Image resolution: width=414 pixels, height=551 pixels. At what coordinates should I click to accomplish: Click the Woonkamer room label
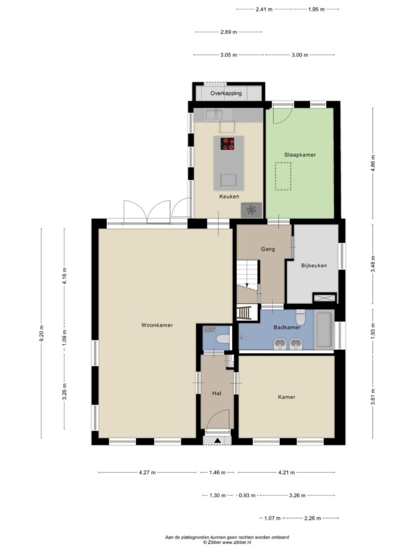point(157,325)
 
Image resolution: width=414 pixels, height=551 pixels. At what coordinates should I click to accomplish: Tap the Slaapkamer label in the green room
point(300,154)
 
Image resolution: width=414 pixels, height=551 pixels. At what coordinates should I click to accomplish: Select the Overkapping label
point(226,94)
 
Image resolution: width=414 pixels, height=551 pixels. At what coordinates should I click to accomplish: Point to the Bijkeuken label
point(314,266)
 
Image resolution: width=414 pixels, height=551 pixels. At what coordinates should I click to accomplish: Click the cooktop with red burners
point(227,144)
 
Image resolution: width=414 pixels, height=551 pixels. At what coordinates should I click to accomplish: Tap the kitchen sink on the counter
point(215,114)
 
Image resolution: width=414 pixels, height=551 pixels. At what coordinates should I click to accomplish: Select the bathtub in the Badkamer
point(324,330)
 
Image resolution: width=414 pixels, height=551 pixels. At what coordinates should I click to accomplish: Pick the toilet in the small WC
point(223,340)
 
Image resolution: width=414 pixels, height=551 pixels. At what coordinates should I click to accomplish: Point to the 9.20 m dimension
point(42,334)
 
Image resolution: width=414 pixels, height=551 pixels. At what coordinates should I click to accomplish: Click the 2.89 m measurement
point(229,32)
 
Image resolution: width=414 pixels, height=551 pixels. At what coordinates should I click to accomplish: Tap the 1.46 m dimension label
point(217,472)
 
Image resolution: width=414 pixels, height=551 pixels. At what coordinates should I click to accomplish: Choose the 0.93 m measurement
point(247,496)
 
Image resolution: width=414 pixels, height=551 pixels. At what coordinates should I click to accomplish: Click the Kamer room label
point(287,397)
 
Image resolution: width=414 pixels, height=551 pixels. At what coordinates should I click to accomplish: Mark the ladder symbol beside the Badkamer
point(244,313)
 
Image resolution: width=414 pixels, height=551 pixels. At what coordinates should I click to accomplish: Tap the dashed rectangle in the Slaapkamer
point(283,176)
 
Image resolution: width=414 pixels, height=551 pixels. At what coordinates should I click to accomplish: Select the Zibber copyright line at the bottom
point(227,542)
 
